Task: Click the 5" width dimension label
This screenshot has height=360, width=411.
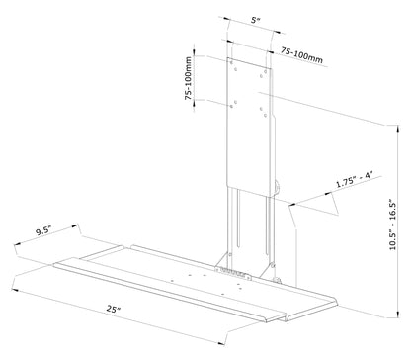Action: pos(255,20)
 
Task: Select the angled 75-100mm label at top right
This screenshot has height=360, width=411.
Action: pos(301,54)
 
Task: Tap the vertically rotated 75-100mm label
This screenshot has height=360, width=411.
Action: pos(188,78)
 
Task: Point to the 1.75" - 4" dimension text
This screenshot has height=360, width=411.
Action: pos(355,179)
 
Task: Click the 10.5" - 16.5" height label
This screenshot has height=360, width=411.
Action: pos(392,225)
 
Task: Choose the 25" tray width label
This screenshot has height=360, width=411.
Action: pos(113,309)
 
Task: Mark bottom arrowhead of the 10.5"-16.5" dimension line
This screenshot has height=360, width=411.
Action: pos(398,314)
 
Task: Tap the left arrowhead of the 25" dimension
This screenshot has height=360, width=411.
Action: pos(15,290)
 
